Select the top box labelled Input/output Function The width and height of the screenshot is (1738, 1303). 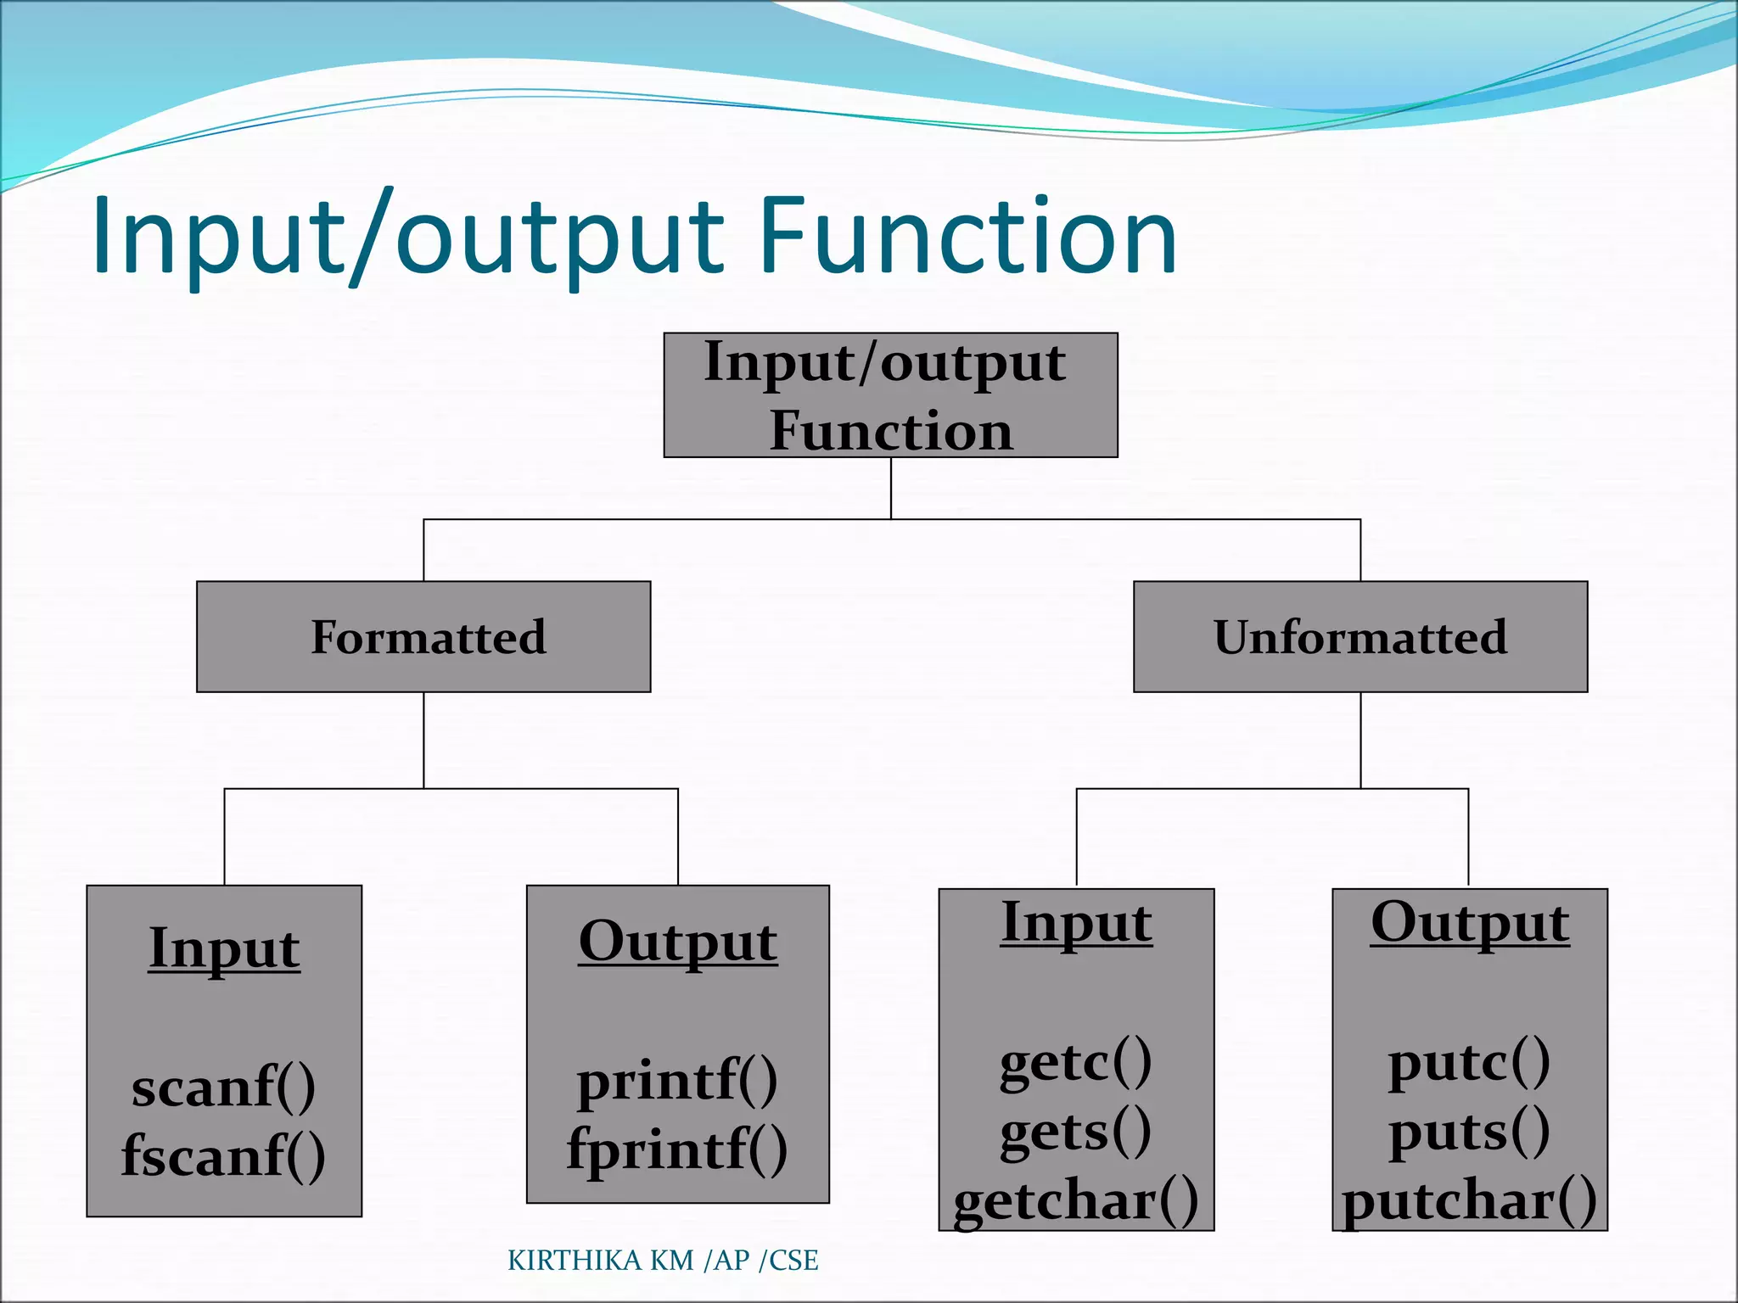[890, 395]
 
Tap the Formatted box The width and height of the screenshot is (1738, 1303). [423, 637]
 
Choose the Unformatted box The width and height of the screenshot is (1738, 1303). [1360, 637]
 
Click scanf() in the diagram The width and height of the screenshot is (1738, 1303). [224, 1087]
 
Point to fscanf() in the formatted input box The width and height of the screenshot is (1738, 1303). [224, 1155]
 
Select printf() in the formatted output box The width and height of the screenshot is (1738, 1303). [677, 1081]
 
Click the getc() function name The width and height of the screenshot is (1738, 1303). [1076, 1062]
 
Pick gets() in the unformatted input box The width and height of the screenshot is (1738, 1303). [1076, 1132]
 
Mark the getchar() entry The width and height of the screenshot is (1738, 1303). [1076, 1200]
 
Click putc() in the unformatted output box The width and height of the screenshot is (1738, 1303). [1470, 1062]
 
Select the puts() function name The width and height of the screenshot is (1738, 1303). [1470, 1132]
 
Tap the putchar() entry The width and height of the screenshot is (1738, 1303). [1470, 1200]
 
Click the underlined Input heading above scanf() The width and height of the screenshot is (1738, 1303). [224, 948]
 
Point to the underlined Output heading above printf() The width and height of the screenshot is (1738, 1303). [677, 942]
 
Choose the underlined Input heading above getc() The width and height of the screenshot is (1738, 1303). [1076, 922]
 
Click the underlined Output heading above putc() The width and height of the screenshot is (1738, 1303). [1470, 922]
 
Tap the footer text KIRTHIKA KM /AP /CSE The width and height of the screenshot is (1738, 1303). [663, 1261]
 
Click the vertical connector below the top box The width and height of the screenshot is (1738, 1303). [891, 488]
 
